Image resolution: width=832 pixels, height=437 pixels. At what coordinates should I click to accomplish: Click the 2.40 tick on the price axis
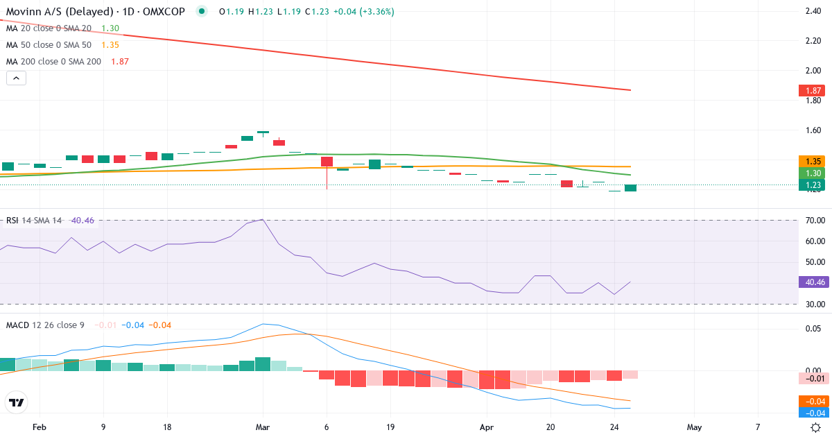pos(813,11)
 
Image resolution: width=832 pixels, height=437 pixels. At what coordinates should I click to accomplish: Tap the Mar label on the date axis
pos(262,427)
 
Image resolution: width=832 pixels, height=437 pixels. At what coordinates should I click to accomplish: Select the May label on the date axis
pos(694,427)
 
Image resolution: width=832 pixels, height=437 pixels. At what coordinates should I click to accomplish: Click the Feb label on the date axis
pos(40,427)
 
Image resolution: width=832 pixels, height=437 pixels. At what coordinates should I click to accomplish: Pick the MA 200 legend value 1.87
pos(119,61)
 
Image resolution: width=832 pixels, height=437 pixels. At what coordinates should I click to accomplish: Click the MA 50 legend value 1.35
pos(110,44)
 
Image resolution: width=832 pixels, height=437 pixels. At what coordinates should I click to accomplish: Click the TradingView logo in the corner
pos(16,402)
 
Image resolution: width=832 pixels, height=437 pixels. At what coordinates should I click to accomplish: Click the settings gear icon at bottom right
pos(816,427)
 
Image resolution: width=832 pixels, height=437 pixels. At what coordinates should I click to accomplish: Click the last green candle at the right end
pos(630,188)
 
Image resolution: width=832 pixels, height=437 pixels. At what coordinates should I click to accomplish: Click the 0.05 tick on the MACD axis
pos(813,329)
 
